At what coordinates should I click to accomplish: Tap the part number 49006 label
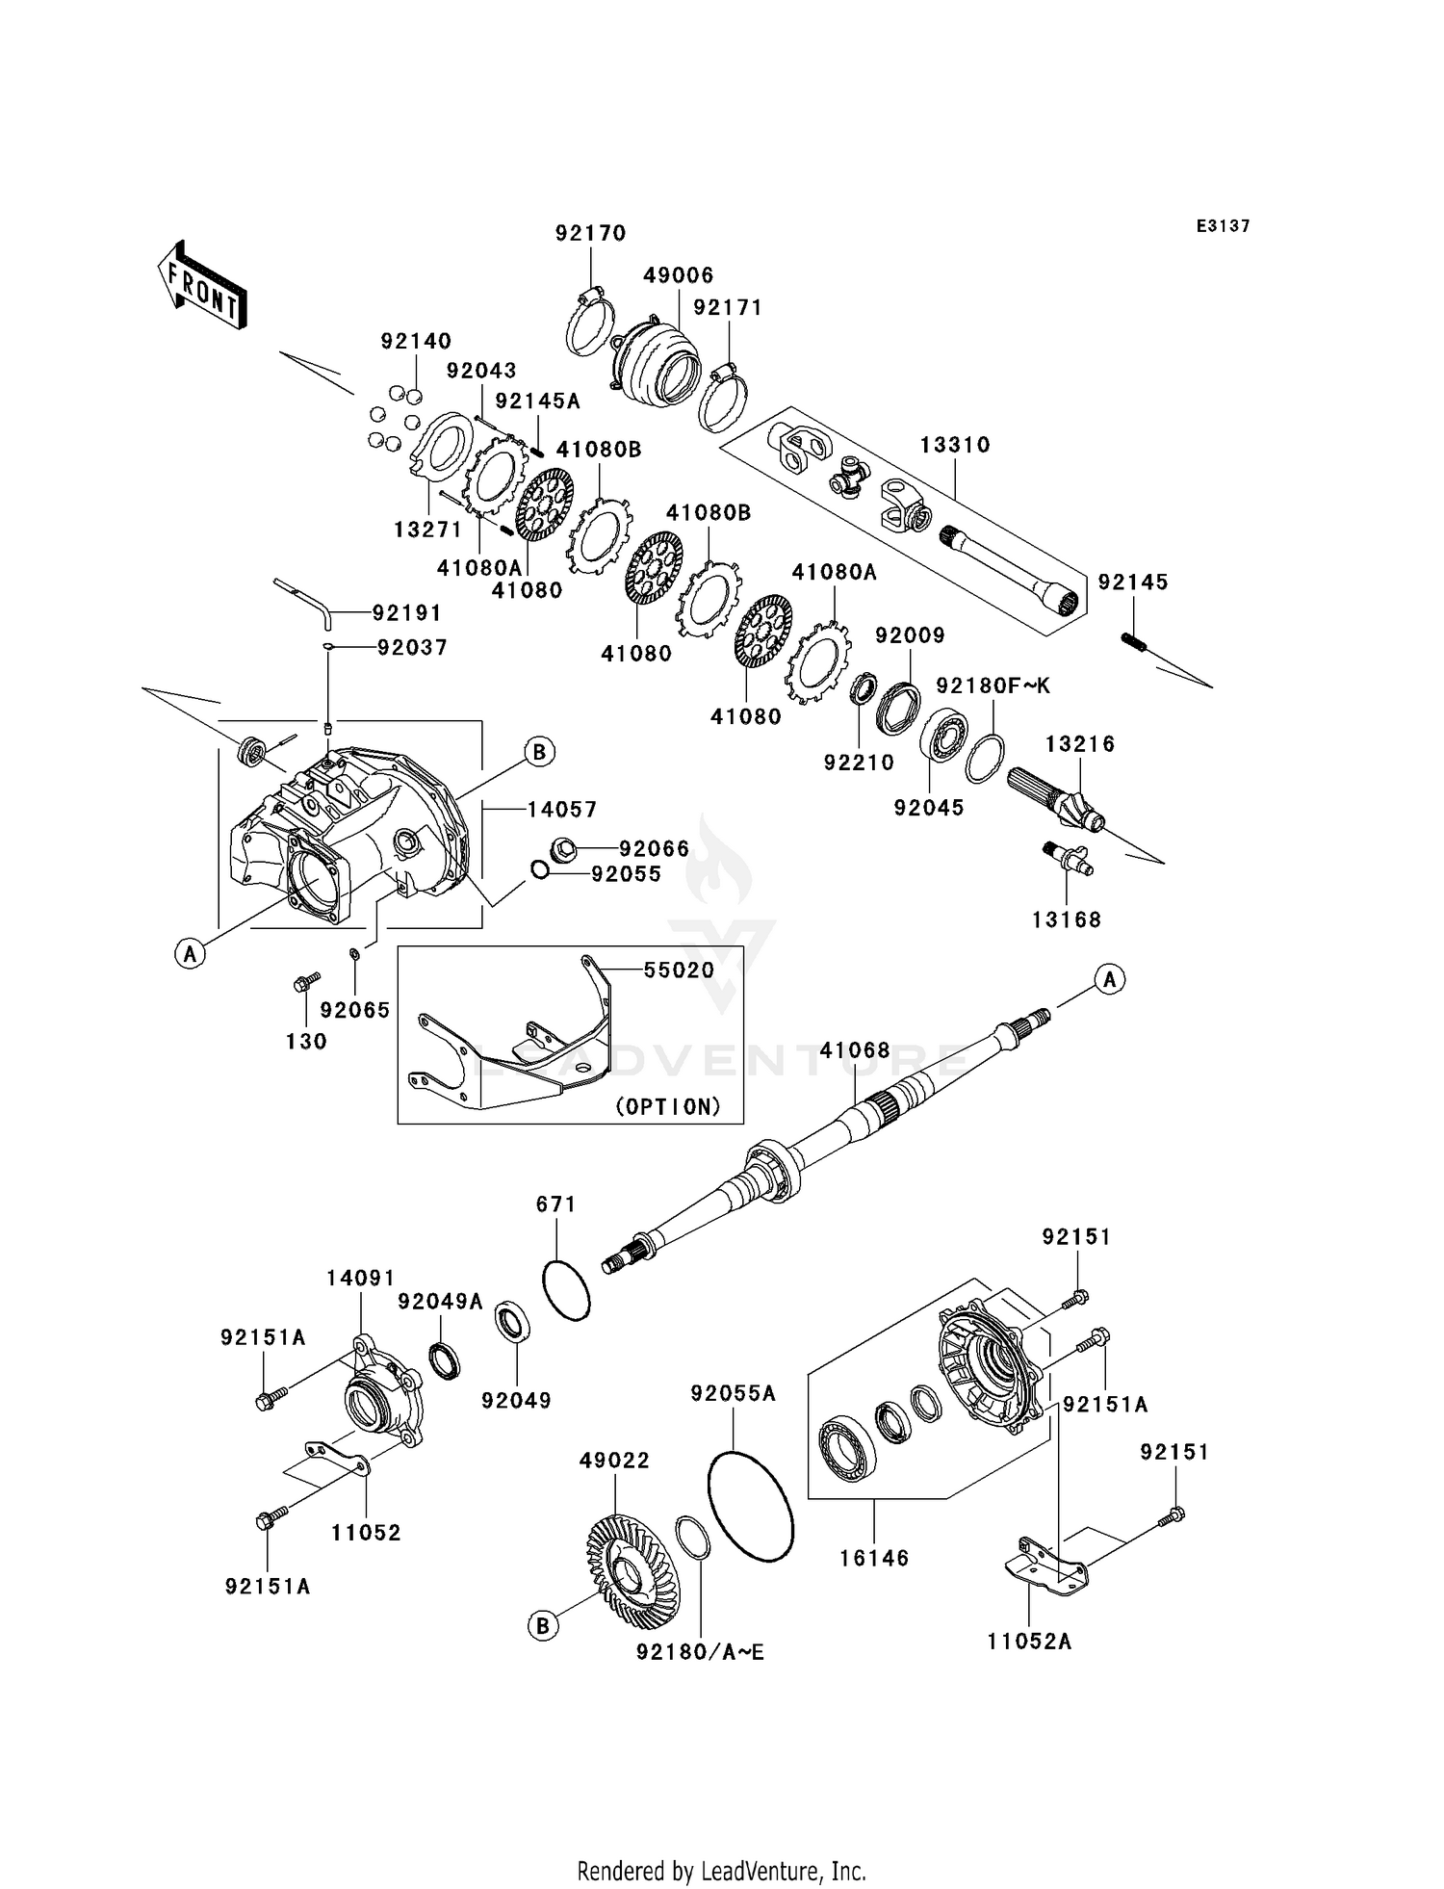tap(679, 275)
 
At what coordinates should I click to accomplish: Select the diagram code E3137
tap(1223, 226)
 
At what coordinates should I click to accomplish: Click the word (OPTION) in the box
tap(668, 1106)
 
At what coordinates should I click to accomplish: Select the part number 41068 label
tap(855, 1049)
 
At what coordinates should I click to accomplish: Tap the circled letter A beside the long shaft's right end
tap(1109, 980)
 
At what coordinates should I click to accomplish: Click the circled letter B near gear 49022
tap(542, 1626)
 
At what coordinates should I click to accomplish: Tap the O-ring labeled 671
tap(566, 1290)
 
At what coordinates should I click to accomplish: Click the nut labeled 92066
tap(564, 848)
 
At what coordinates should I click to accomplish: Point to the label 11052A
tap(1028, 1642)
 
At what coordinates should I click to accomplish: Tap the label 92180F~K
tap(993, 686)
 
